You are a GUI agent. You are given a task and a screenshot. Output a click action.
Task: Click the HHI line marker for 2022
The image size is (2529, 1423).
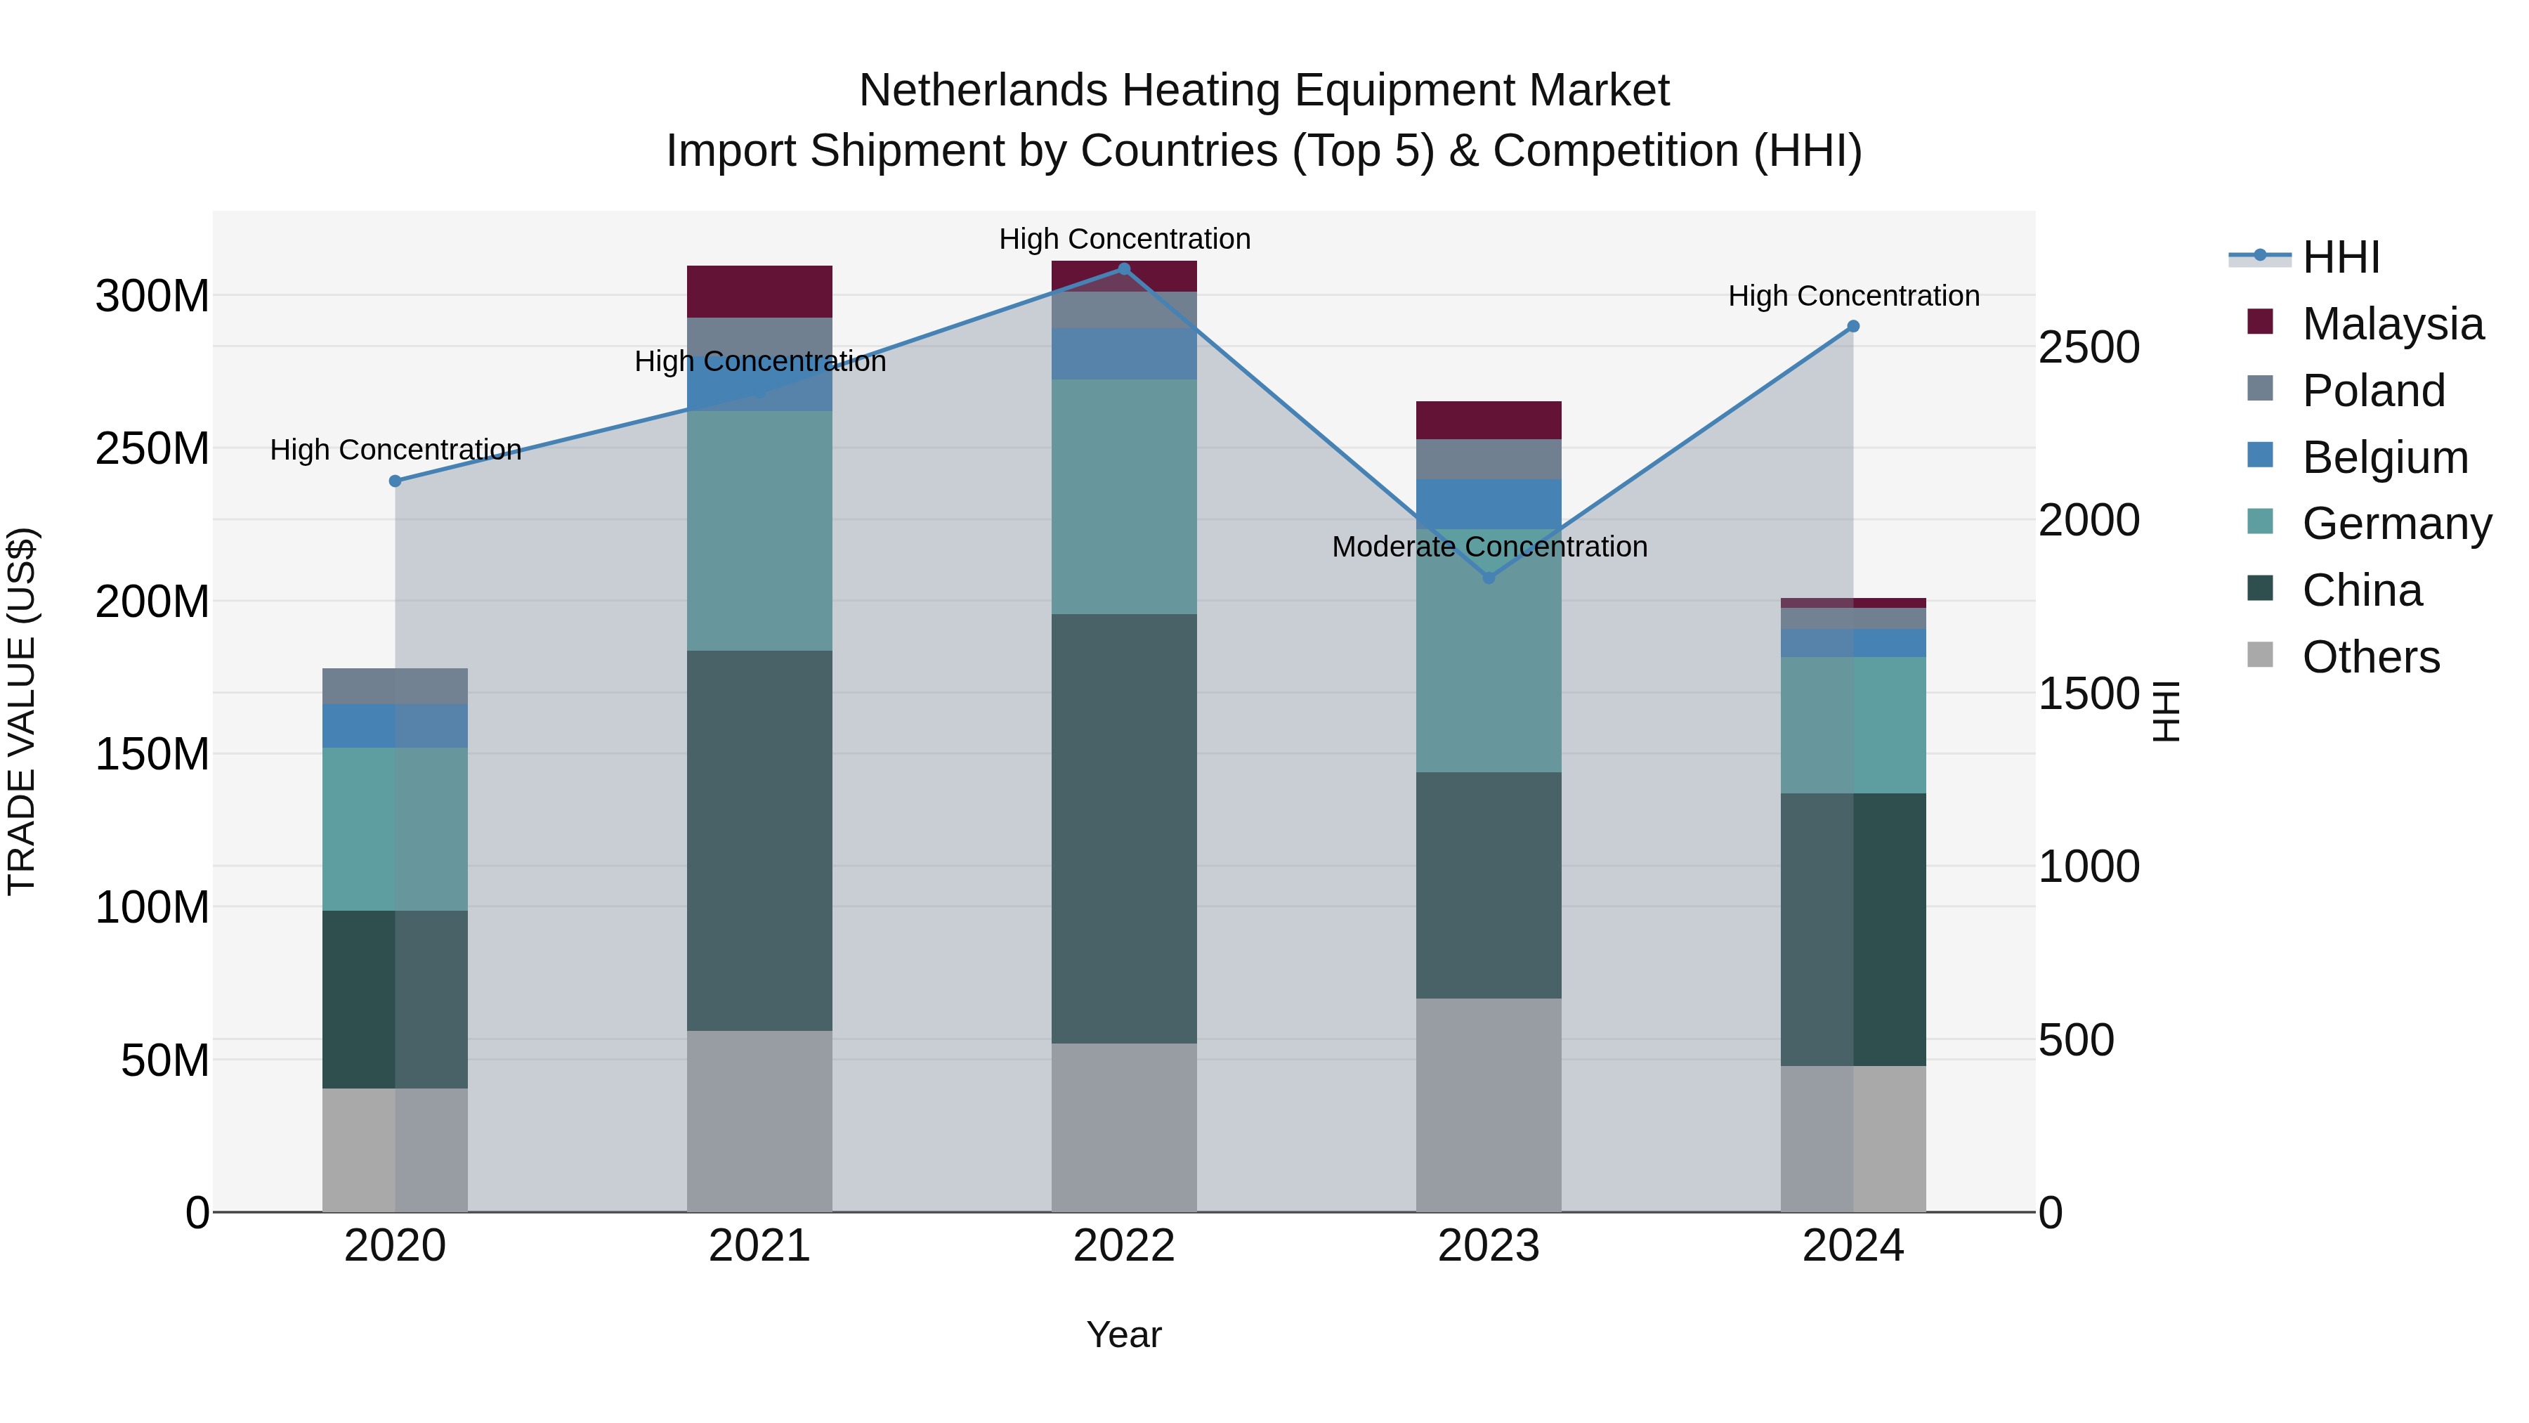pyautogui.click(x=1124, y=268)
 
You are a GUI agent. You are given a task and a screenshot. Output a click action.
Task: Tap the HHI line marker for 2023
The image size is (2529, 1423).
pyautogui.click(x=1489, y=578)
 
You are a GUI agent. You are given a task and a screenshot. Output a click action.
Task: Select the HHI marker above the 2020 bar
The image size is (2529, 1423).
pyautogui.click(x=395, y=481)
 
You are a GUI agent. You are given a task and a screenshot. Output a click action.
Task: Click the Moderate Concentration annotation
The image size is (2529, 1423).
pyautogui.click(x=1489, y=547)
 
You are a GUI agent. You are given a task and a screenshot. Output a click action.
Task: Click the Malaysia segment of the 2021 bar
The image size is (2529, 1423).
pyautogui.click(x=759, y=291)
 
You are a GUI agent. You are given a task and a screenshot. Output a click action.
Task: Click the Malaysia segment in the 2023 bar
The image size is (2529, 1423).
pyautogui.click(x=1489, y=420)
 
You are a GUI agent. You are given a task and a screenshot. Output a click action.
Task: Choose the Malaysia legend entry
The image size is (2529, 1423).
pyautogui.click(x=2393, y=324)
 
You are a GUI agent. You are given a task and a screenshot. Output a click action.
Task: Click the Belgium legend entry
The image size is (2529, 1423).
pyautogui.click(x=2385, y=457)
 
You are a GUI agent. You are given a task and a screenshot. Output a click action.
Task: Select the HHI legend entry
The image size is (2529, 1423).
pyautogui.click(x=2341, y=257)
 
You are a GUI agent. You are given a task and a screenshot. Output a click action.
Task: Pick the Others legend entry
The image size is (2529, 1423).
pyautogui.click(x=2370, y=657)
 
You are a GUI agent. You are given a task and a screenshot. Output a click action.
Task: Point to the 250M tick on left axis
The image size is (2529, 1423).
pyautogui.click(x=152, y=449)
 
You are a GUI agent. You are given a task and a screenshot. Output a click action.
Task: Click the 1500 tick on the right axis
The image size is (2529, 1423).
pyautogui.click(x=2089, y=694)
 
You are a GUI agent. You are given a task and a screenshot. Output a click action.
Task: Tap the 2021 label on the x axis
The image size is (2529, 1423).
pyautogui.click(x=759, y=1246)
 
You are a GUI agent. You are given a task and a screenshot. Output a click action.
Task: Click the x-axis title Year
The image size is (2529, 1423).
pyautogui.click(x=1124, y=1334)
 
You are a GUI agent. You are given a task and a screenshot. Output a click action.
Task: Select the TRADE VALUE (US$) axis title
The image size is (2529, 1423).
pyautogui.click(x=22, y=711)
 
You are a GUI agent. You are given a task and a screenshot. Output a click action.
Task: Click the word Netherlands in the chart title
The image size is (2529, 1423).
pyautogui.click(x=983, y=91)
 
